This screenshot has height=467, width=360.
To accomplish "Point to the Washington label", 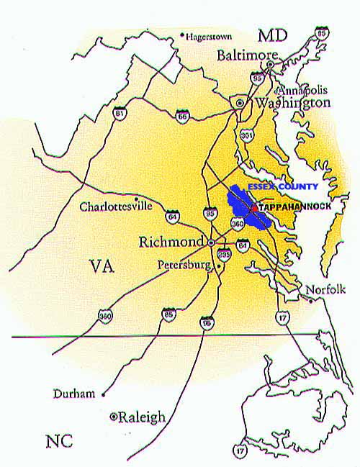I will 291,104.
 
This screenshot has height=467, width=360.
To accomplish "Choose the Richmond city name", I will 171,241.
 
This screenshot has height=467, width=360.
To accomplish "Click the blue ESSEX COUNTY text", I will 282,186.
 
